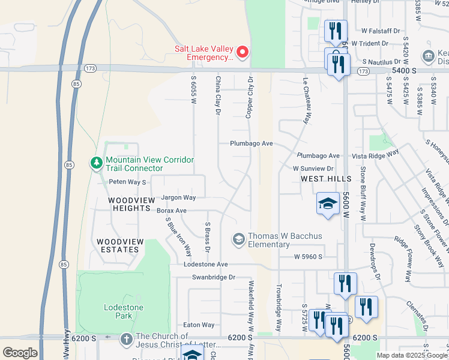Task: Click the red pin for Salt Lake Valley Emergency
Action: [x=243, y=52]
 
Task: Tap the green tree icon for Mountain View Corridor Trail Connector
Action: [x=96, y=163]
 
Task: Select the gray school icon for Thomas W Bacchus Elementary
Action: [x=238, y=240]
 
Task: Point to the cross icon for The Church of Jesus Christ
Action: [x=127, y=339]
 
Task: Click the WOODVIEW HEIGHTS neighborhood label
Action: [x=129, y=203]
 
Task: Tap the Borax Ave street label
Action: [x=172, y=211]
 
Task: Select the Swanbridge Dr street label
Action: [x=214, y=277]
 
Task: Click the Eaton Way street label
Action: [x=199, y=325]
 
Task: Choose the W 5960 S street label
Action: [x=308, y=257]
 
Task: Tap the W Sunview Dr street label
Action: [x=313, y=169]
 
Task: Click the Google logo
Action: [x=20, y=353]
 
